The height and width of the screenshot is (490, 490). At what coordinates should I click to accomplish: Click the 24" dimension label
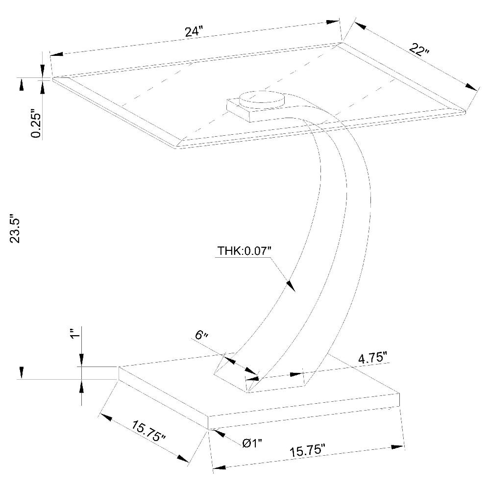pos(194,31)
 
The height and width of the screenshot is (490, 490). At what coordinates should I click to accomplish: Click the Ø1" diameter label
pos(252,443)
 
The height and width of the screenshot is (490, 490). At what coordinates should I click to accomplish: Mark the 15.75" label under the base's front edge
pos(307,449)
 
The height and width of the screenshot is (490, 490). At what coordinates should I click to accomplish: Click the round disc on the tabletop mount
pos(262,98)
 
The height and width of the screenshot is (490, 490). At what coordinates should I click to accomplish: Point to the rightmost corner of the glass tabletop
pos(464,112)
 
